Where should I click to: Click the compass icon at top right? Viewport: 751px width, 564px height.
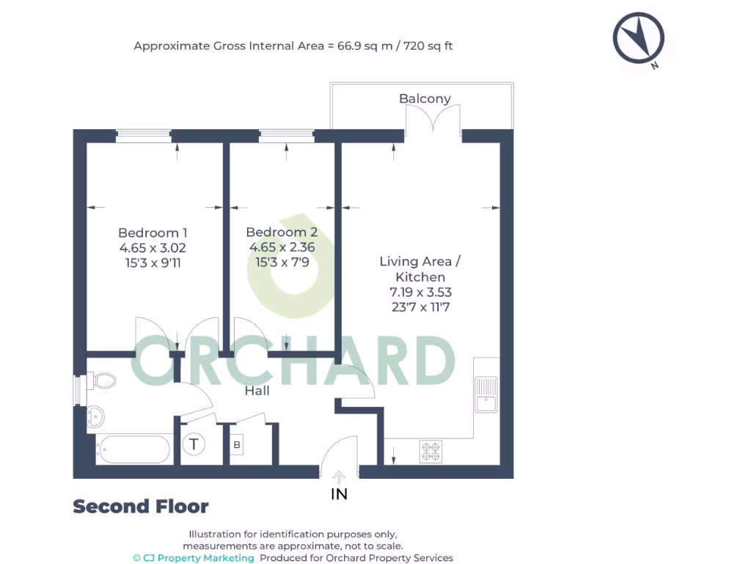point(639,40)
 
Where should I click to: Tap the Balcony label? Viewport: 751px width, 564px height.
point(425,98)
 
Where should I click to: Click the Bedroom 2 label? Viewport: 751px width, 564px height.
point(282,232)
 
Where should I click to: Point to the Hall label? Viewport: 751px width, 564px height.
point(257,391)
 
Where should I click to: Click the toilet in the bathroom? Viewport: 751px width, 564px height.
point(102,381)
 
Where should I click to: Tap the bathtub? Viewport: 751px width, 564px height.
point(134,449)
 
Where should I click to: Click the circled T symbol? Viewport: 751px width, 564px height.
point(194,444)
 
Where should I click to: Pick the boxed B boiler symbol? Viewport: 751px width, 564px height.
point(236,445)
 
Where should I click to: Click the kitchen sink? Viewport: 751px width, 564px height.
point(485,394)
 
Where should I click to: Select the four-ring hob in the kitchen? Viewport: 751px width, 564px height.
point(431,451)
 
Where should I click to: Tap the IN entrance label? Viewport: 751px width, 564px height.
point(339,494)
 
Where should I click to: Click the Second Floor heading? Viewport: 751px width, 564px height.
point(141,507)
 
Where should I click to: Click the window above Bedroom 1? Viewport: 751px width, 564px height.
point(144,135)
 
